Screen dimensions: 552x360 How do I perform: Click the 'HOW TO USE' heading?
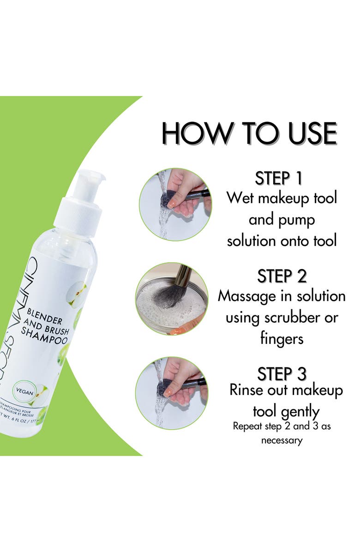(x=249, y=133)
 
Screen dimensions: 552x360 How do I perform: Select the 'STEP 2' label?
(x=282, y=276)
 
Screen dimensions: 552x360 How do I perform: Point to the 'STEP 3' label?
(x=282, y=373)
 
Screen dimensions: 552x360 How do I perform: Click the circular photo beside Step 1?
(x=175, y=204)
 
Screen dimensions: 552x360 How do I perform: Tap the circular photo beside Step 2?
(x=172, y=299)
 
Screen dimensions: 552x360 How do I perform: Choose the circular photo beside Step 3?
(x=172, y=393)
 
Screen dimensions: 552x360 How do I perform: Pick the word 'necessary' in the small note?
(x=282, y=440)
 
